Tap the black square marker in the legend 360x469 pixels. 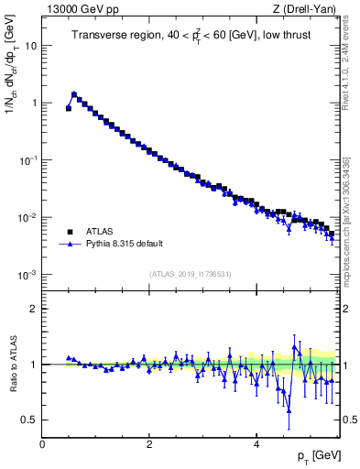click(x=70, y=232)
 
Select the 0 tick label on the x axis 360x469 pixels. click(x=42, y=443)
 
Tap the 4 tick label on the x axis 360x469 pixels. click(x=256, y=443)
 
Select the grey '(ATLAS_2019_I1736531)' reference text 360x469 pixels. click(x=190, y=274)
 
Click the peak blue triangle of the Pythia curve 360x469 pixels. click(x=74, y=93)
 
